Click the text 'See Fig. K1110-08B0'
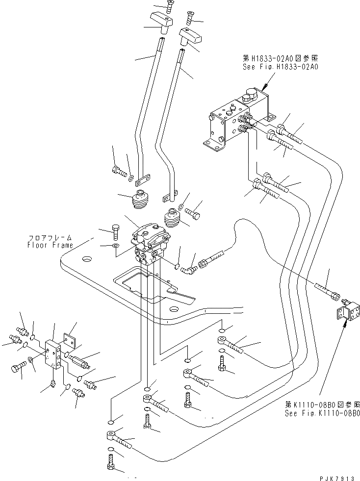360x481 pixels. pyautogui.click(x=322, y=413)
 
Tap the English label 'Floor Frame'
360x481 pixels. pyautogui.click(x=50, y=245)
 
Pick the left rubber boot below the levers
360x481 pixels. pyautogui.click(x=142, y=200)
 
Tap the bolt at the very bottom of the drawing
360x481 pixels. pyautogui.click(x=111, y=461)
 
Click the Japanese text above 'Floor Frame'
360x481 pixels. pyautogui.click(x=50, y=237)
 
